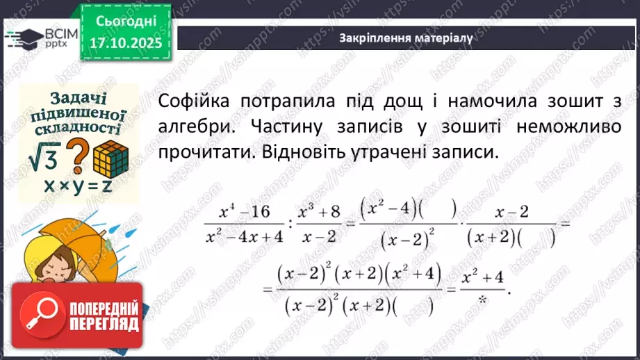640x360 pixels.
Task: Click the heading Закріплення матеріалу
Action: click(406, 38)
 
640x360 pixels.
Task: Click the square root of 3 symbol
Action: click(44, 159)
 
